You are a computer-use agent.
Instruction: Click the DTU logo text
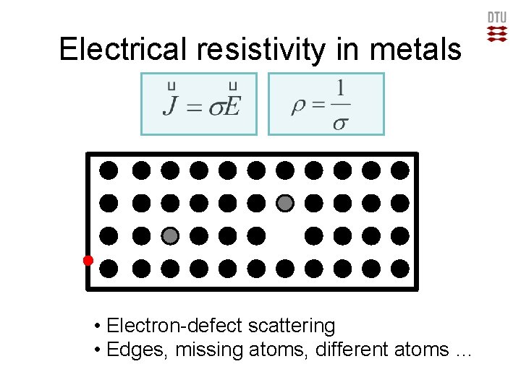pos(497,18)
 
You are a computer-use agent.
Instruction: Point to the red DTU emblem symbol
pos(497,33)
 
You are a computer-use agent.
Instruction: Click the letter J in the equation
pos(171,107)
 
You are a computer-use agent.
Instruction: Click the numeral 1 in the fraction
pos(339,90)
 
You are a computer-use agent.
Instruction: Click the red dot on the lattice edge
pos(88,260)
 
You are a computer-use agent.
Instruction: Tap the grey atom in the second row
pos(285,203)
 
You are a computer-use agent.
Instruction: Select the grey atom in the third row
pos(170,235)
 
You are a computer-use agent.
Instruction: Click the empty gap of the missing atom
pos(285,235)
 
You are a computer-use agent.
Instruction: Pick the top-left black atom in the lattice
pos(108,170)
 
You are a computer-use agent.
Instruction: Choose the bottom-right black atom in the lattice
pos(400,269)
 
